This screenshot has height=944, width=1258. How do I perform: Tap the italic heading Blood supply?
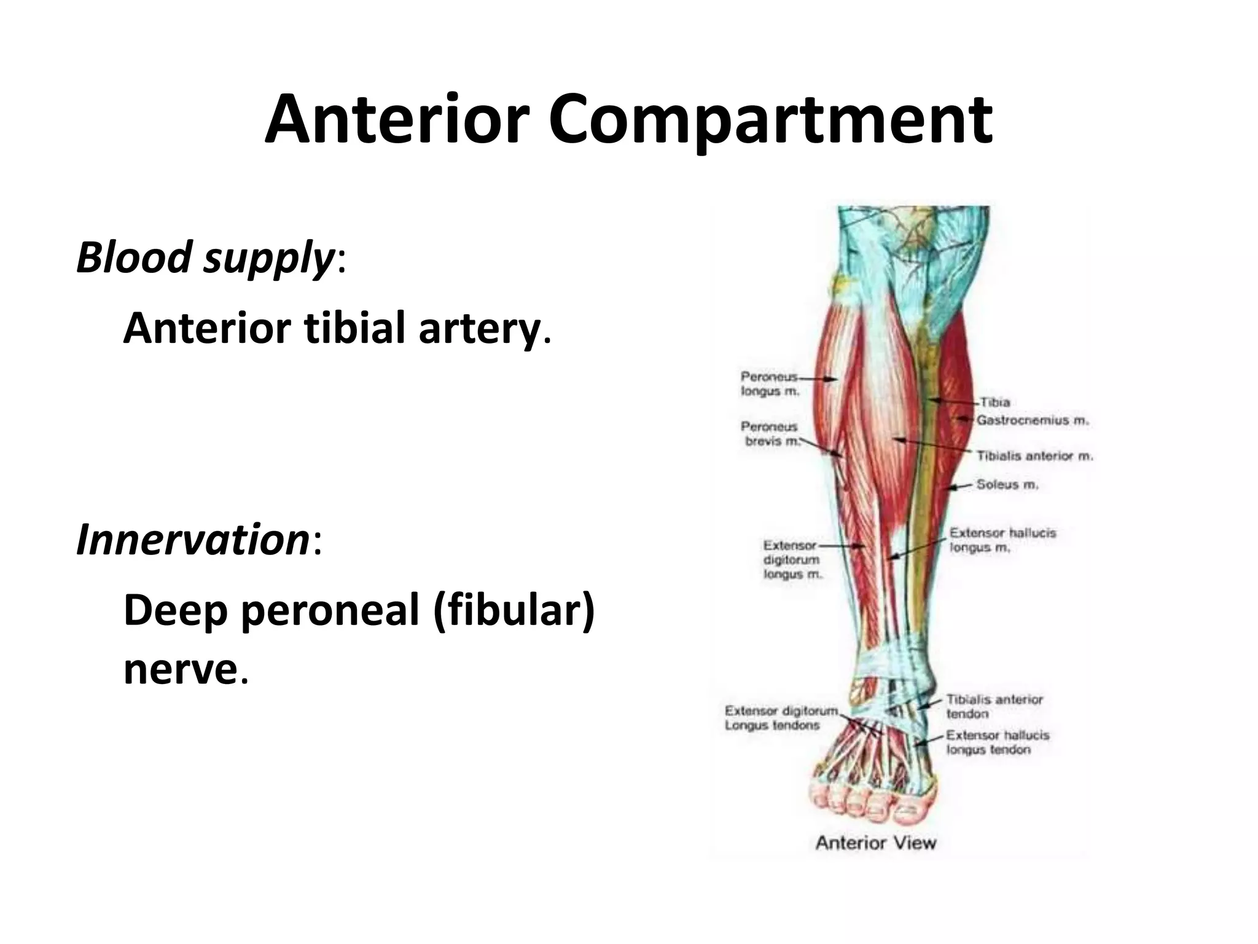(x=205, y=257)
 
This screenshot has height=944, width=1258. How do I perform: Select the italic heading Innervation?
(x=192, y=540)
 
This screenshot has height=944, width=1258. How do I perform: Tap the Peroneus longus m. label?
(x=770, y=383)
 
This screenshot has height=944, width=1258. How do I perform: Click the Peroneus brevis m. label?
(x=770, y=434)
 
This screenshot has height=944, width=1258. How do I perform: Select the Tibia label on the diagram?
(x=995, y=402)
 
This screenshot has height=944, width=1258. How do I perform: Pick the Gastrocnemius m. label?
(x=1033, y=420)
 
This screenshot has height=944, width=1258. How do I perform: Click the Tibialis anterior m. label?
(x=1034, y=456)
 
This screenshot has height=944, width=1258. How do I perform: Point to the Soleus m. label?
(x=1007, y=485)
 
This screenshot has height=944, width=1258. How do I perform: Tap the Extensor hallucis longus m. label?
(x=1002, y=540)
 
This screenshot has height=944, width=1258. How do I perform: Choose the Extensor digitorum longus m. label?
(x=792, y=560)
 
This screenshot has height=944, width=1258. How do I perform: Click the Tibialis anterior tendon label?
(x=994, y=707)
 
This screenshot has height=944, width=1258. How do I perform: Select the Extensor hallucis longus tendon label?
(x=997, y=742)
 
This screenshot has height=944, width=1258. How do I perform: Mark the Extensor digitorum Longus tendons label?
(x=781, y=718)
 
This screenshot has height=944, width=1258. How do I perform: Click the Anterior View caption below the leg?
(x=875, y=843)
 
